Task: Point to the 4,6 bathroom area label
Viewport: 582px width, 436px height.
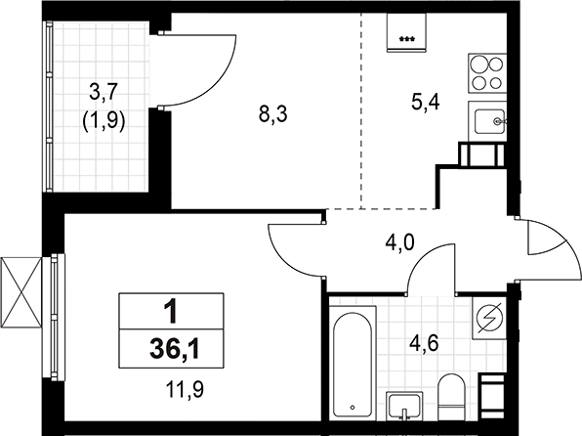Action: [423, 344]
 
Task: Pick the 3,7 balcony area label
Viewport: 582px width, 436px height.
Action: [104, 93]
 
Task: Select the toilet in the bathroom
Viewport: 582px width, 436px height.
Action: [451, 397]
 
